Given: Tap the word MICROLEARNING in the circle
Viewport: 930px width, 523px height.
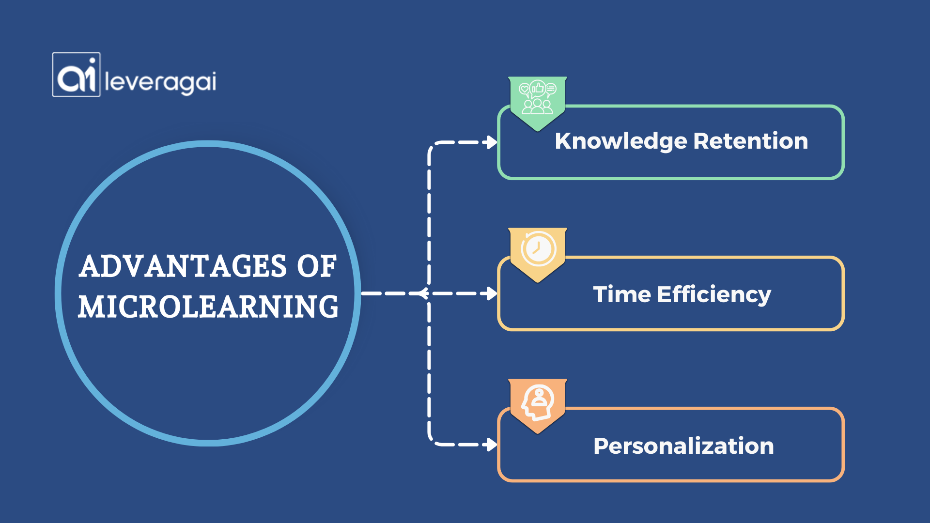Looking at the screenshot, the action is pyautogui.click(x=208, y=307).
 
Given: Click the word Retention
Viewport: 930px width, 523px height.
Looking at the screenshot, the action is pyautogui.click(x=751, y=141).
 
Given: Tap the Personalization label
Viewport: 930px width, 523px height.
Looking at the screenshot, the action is pyautogui.click(x=683, y=446).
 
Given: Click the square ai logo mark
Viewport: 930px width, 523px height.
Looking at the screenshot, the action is pyautogui.click(x=77, y=75).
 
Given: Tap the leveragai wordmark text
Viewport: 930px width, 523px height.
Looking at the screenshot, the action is pyautogui.click(x=160, y=82).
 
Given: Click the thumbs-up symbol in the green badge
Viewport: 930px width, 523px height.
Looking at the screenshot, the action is pyautogui.click(x=538, y=88).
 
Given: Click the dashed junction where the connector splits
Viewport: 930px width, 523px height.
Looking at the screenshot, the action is pyautogui.click(x=426, y=293).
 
